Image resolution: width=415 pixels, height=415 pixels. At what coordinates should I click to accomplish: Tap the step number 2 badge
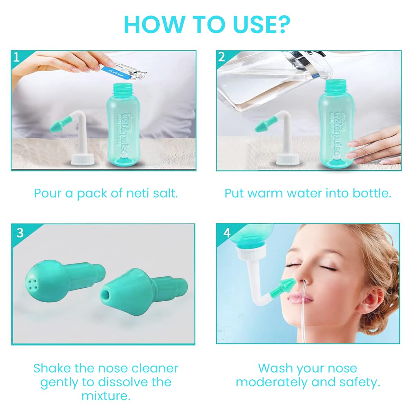222,57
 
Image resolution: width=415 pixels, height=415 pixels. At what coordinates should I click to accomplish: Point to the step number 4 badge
227,232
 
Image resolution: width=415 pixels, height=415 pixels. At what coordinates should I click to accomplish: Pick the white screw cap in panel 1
83,159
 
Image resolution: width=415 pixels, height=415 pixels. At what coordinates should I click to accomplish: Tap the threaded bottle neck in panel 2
334,85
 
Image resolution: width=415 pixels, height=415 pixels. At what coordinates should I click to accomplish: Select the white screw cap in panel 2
288,159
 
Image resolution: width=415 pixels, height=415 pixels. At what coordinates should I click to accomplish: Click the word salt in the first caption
165,193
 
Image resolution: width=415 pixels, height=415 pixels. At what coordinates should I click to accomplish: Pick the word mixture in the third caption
106,396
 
